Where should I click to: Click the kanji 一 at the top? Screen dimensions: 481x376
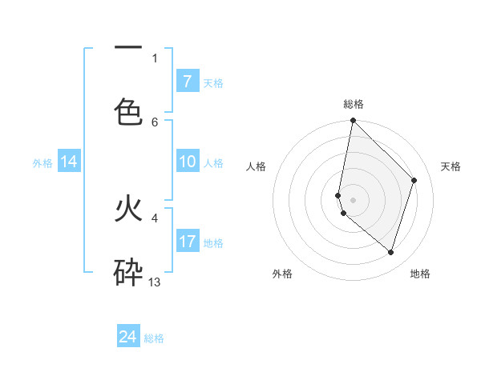[128, 48]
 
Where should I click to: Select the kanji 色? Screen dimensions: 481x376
[128, 110]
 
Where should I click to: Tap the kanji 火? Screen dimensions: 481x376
[128, 209]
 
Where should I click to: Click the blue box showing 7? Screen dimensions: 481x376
[187, 81]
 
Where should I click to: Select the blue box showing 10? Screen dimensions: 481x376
[187, 162]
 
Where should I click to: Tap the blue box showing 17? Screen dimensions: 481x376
[187, 241]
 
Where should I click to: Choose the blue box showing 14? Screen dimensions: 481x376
[69, 162]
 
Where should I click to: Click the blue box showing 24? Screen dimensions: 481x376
[128, 337]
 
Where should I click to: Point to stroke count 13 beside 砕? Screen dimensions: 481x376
[155, 282]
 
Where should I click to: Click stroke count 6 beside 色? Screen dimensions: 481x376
[155, 122]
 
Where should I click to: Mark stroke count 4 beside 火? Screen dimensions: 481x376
[155, 217]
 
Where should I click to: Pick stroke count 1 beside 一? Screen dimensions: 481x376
[155, 58]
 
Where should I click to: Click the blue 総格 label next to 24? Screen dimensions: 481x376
[155, 338]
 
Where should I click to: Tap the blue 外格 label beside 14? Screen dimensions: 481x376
[42, 163]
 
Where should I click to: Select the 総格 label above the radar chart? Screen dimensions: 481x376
[354, 104]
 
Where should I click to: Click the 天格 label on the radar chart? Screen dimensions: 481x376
[451, 166]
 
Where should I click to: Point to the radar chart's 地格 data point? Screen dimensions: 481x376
[390, 252]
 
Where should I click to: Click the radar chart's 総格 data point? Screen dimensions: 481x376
[353, 120]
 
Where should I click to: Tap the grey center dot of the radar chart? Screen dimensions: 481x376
[353, 199]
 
